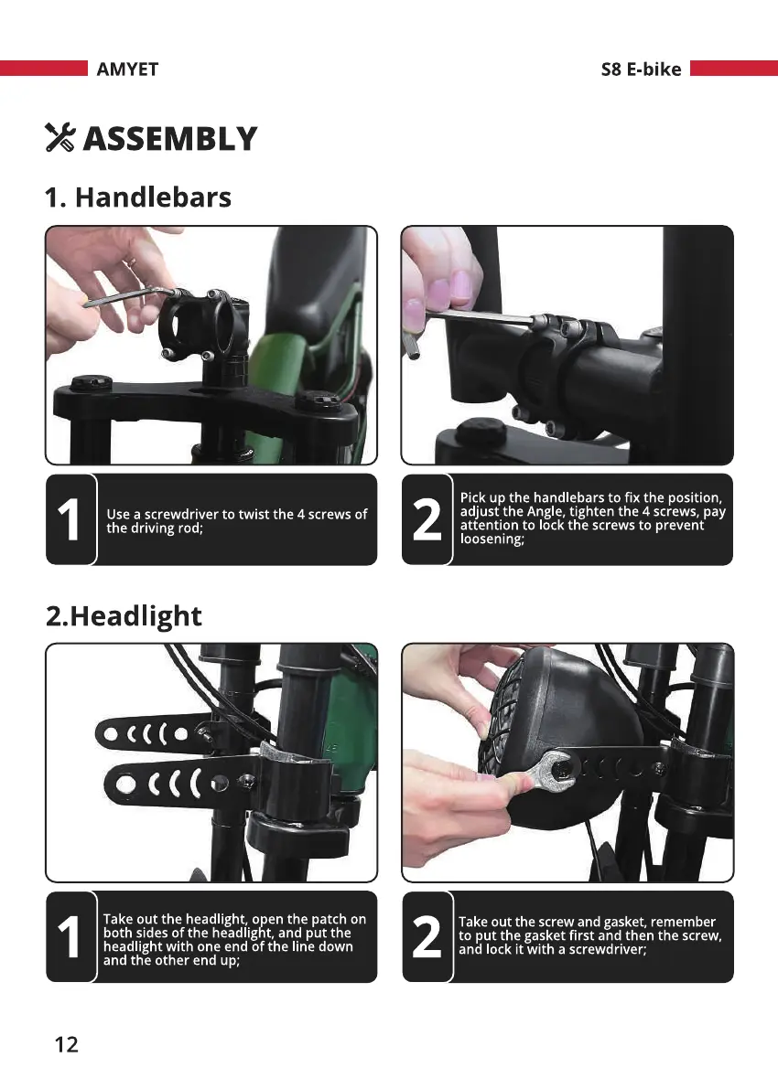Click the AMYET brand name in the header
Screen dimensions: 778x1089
[x=127, y=69]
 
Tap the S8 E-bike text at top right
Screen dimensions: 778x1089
[x=641, y=69]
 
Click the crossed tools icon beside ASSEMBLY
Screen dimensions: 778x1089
[x=59, y=137]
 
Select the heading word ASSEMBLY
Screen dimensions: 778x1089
[x=170, y=138]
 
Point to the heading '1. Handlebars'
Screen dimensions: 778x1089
[x=137, y=198]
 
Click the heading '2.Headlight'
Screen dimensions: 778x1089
[x=124, y=616]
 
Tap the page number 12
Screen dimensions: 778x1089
[x=67, y=1044]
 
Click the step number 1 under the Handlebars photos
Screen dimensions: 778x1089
[x=69, y=519]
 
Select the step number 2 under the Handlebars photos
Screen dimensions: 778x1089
[x=427, y=519]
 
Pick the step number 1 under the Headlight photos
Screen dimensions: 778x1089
[x=69, y=937]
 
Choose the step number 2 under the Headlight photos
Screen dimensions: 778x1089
[x=427, y=937]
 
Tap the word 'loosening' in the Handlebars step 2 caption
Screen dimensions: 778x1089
[x=491, y=539]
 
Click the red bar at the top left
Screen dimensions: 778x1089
[x=44, y=68]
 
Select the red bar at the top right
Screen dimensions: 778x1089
[x=734, y=68]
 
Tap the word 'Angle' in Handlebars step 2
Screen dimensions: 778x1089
[x=545, y=512]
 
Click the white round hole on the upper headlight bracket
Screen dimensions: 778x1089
[x=111, y=733]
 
